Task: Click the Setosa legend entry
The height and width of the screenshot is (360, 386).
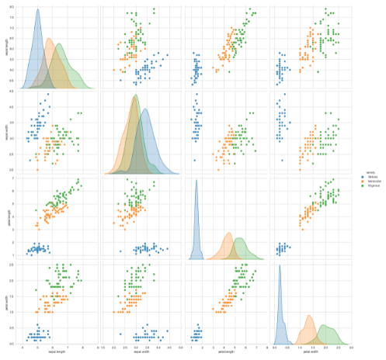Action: tap(364, 177)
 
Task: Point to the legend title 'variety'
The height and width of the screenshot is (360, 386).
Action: tap(362, 172)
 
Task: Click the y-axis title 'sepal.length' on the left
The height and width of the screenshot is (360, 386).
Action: tap(4, 47)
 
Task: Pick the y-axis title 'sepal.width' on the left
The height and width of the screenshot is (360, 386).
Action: tap(4, 131)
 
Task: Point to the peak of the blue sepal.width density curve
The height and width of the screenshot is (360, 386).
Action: tap(146, 108)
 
